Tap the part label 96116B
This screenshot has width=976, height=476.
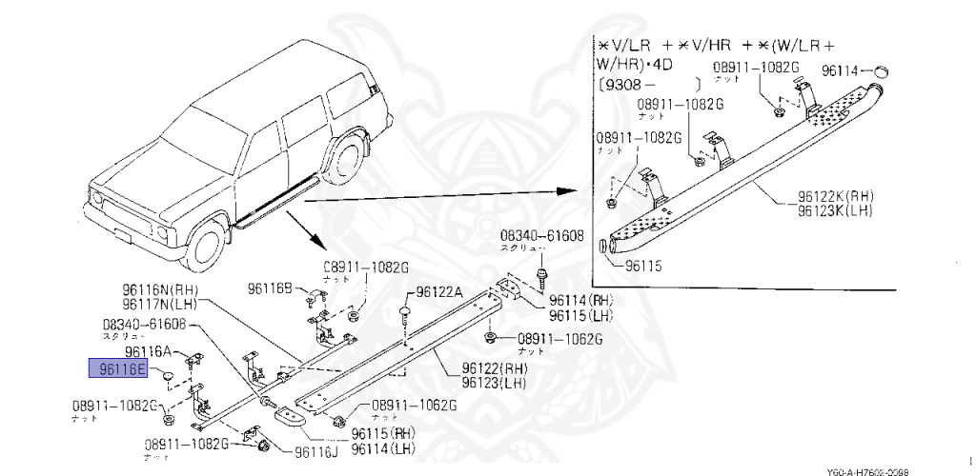(274, 288)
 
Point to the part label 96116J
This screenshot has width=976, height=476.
(315, 452)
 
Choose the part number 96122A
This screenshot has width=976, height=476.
(439, 293)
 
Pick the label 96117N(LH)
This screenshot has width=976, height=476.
(158, 305)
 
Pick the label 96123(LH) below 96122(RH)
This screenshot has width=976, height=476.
(494, 383)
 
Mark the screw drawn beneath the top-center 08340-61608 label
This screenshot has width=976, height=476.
(541, 277)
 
